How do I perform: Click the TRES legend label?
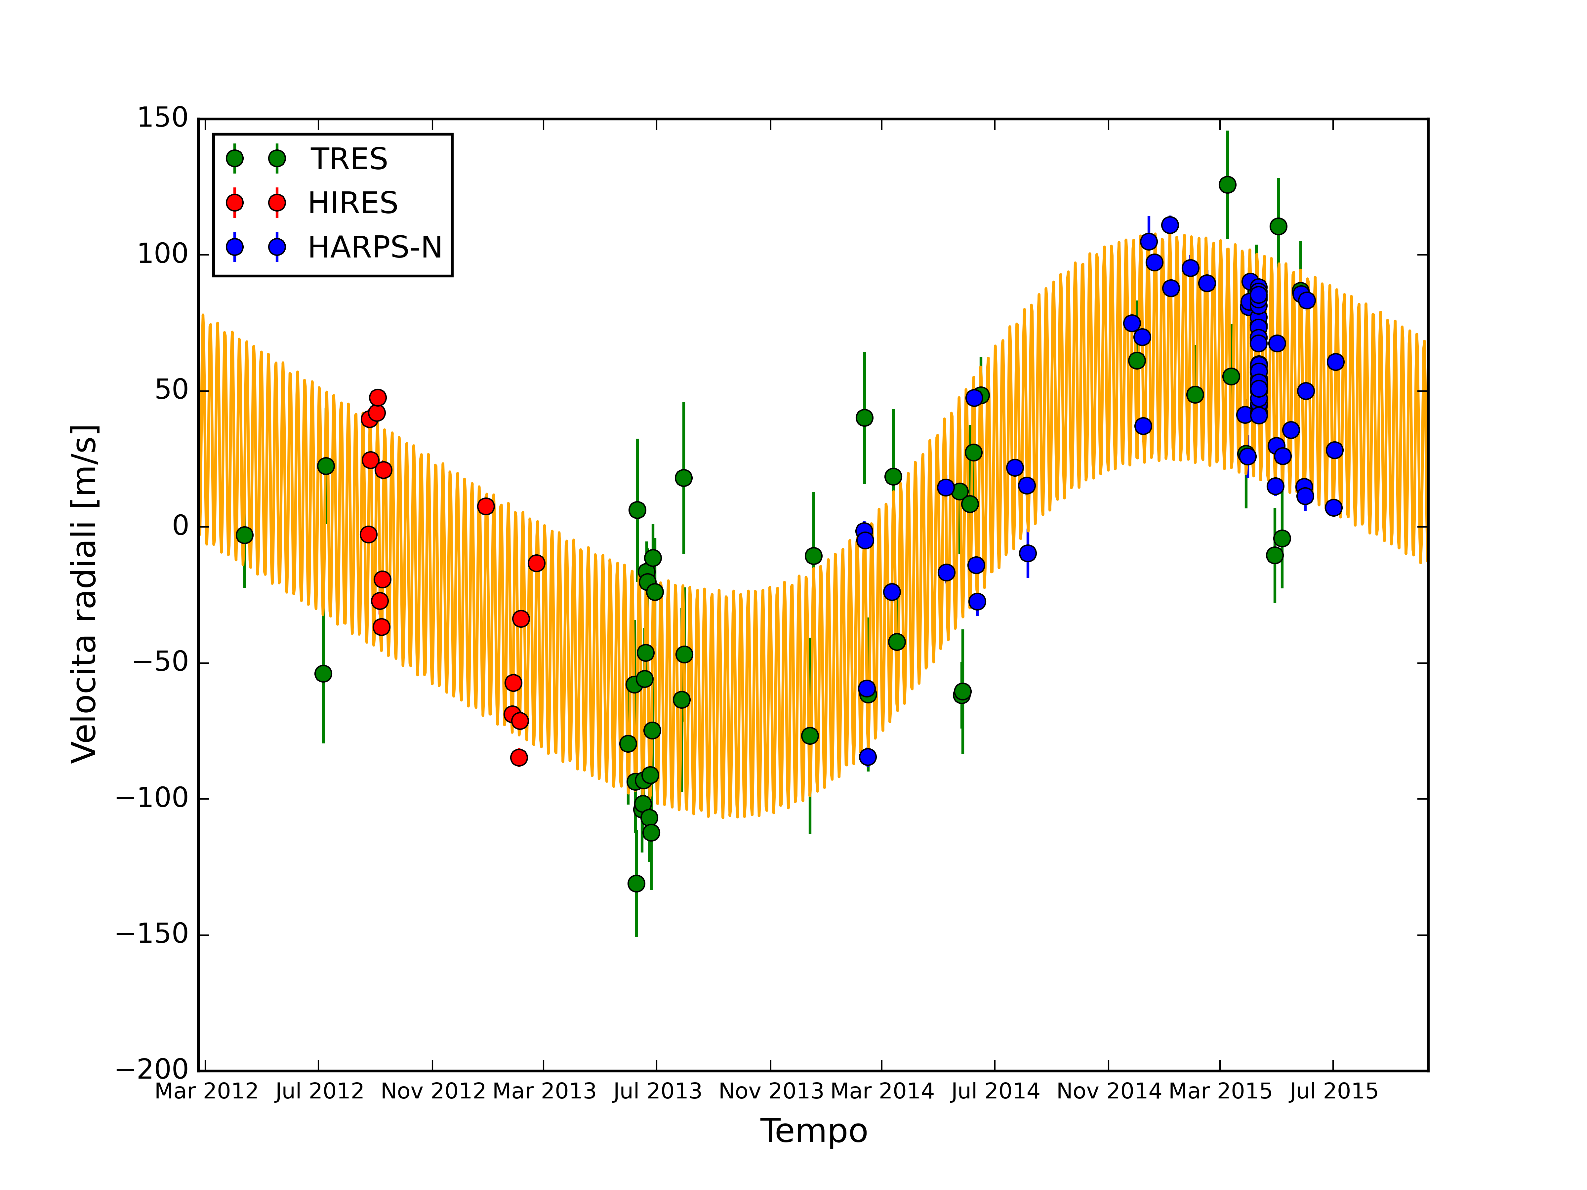click(349, 159)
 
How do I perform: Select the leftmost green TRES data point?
click(245, 535)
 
